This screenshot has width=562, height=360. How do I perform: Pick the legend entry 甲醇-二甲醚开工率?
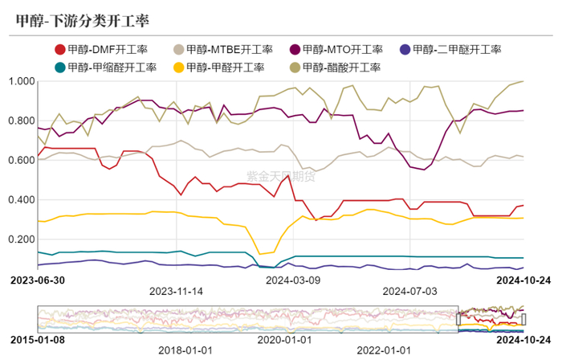(x=459, y=50)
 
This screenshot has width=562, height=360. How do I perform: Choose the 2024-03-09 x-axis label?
(x=292, y=280)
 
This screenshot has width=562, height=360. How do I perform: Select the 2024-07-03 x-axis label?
(x=410, y=291)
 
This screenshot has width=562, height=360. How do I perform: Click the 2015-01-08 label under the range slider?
(x=37, y=339)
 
